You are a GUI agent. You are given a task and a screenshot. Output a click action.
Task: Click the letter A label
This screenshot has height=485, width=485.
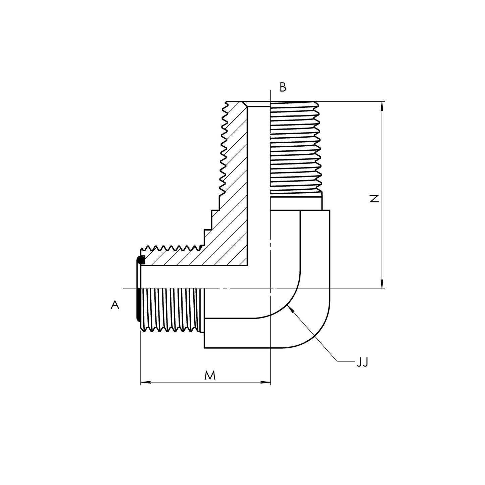coord(115,305)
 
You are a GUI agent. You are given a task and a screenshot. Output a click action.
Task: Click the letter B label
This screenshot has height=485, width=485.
coord(283,87)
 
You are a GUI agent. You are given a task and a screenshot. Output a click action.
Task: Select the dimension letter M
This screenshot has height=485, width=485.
coord(210,375)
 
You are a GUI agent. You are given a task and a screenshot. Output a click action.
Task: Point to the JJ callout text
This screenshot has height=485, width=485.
coord(362,362)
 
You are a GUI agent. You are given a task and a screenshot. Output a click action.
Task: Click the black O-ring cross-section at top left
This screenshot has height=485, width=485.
coord(141,260)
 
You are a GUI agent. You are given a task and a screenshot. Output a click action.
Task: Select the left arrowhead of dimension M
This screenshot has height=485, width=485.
coord(142,382)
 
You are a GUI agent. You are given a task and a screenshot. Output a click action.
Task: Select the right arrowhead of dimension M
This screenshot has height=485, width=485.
coord(268,382)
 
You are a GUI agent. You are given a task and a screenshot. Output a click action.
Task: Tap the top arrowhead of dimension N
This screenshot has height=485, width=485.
coord(382,104)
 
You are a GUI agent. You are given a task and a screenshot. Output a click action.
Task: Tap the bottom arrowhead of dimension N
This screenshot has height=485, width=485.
coord(382,286)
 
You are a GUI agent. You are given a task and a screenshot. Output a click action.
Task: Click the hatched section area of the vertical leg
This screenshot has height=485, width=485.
coord(235,168)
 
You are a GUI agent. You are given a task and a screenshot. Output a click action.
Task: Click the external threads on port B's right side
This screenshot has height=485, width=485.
coord(295,148)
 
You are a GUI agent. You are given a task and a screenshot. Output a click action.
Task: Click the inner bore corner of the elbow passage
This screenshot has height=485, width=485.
coord(248,266)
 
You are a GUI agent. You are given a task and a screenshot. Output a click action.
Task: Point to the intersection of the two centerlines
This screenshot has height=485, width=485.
coord(271,289)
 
